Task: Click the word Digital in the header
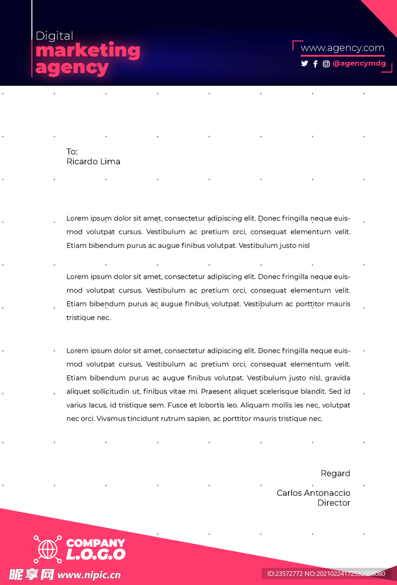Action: click(54, 36)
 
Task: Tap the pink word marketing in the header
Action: click(87, 51)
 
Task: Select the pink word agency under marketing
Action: click(72, 68)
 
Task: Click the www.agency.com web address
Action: click(342, 48)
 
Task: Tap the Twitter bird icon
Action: click(304, 64)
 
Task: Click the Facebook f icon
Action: click(315, 64)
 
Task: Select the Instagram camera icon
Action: click(326, 64)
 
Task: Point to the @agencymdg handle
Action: click(359, 64)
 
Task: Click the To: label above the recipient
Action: click(72, 151)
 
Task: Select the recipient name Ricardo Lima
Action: click(93, 162)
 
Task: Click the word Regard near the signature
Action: click(335, 473)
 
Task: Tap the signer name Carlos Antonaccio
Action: click(313, 493)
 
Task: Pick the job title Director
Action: click(334, 503)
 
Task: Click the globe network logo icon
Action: click(47, 549)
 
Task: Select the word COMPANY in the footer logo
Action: click(95, 543)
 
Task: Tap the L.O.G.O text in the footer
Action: click(95, 554)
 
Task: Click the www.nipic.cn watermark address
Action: click(89, 575)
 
